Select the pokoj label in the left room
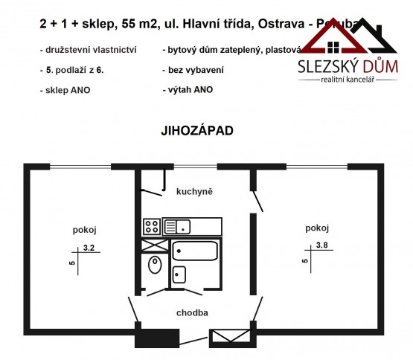[85, 229]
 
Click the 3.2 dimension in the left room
[89, 249]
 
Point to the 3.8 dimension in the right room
[321, 246]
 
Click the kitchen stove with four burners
[151, 225]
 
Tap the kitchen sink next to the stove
[179, 225]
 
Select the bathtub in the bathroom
[195, 251]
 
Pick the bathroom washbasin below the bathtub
[179, 274]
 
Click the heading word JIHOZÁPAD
[196, 129]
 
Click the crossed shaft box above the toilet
[151, 245]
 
